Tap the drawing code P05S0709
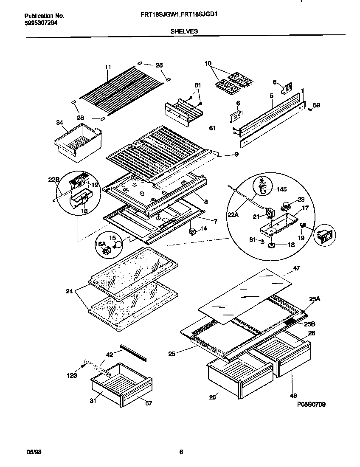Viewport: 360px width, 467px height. pyautogui.click(x=311, y=405)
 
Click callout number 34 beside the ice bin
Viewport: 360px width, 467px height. pyautogui.click(x=59, y=123)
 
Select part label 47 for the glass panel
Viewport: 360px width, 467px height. pyautogui.click(x=296, y=268)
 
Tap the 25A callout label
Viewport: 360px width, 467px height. pyautogui.click(x=315, y=299)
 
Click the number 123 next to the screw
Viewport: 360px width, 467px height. pyautogui.click(x=72, y=376)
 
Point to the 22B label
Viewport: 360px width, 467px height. pyautogui.click(x=53, y=180)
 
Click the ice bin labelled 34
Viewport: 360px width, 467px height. pyautogui.click(x=77, y=142)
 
